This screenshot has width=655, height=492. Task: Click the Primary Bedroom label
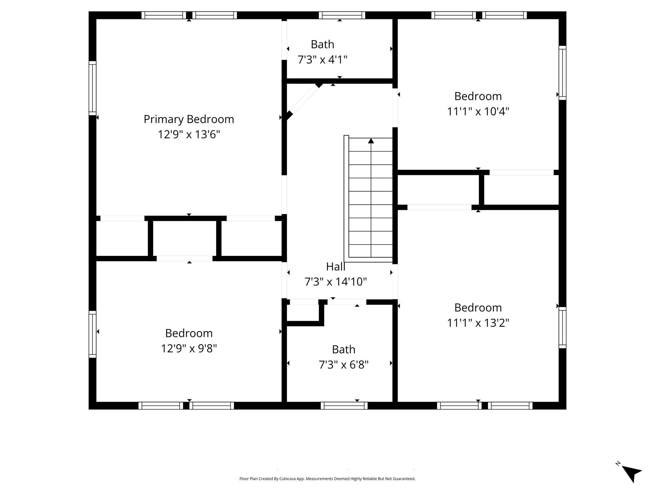point(189,119)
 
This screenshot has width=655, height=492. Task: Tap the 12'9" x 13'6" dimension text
point(189,135)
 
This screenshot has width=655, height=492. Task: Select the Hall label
point(335,266)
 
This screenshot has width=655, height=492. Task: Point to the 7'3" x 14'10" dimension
point(335,282)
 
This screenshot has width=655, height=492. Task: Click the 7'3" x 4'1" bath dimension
point(322,60)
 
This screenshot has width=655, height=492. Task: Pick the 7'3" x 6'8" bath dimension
point(343,365)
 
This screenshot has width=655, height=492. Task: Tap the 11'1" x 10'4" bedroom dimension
point(478,111)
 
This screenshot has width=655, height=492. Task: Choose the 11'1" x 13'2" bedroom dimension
point(478,323)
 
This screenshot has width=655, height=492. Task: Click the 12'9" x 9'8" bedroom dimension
point(189,348)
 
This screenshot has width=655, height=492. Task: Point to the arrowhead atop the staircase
point(371,140)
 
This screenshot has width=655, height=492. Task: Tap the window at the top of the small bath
point(342,15)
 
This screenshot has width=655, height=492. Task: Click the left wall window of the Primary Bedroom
point(92,88)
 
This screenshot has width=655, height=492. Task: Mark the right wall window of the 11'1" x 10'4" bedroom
point(563,73)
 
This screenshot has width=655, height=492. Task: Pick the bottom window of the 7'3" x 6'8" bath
point(344,406)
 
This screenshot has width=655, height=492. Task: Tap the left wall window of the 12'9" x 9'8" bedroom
point(92,334)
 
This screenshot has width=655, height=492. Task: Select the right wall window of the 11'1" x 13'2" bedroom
point(563,328)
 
